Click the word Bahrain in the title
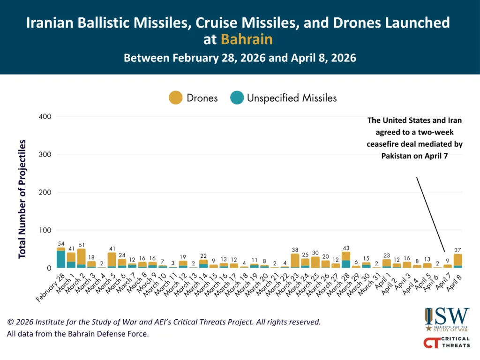247,39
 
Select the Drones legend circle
175,98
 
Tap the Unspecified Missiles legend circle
237,98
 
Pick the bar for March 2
82,258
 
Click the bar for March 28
346,260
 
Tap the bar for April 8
458,261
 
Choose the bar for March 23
295,261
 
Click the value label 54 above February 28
61,243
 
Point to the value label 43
346,247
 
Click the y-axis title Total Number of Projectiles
22,199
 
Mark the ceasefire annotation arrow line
430,214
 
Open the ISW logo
447,319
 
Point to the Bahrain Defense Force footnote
77,334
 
